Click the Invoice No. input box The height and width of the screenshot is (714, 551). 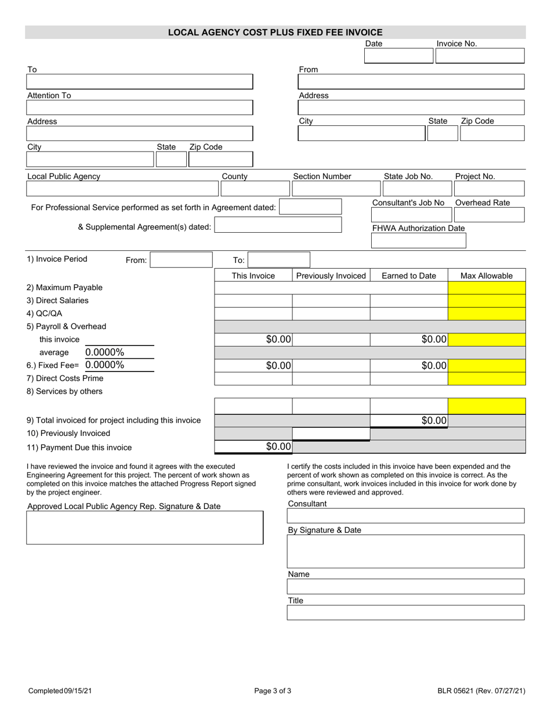480,56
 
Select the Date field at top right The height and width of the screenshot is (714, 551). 398,56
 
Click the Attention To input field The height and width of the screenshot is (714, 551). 140,107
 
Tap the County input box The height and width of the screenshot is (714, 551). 254,189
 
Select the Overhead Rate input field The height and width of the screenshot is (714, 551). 489,215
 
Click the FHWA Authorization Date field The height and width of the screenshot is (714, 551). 418,241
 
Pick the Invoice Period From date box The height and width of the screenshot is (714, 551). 181,260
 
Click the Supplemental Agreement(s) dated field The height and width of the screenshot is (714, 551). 278,225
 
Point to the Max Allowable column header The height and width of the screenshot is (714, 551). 487,276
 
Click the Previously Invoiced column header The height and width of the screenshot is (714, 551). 331,276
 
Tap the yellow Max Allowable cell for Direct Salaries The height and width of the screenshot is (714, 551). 487,301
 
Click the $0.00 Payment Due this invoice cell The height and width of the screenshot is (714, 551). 253,446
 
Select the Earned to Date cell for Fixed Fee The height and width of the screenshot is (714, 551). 409,366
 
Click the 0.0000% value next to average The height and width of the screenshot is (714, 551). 105,352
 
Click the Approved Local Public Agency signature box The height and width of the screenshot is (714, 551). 144,528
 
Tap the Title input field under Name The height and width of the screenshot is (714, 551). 405,613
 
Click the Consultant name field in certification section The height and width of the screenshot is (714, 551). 405,516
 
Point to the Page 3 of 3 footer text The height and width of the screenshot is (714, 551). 273,691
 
